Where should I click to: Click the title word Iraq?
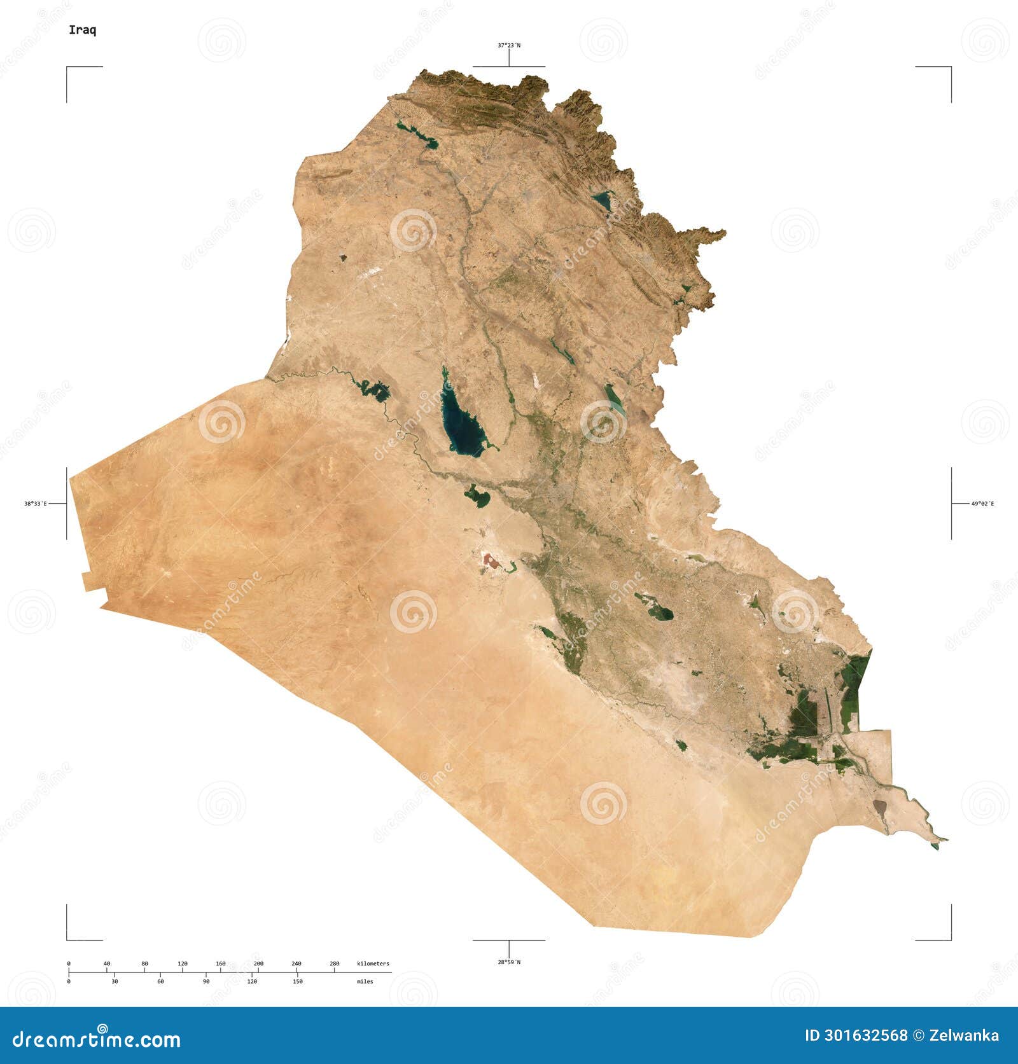tap(83, 31)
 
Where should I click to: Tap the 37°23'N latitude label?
tap(508, 45)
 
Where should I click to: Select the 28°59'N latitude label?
tap(508, 962)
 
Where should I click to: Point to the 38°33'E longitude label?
tap(36, 504)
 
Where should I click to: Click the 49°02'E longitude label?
tap(982, 504)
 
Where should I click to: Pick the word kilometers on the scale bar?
tap(373, 964)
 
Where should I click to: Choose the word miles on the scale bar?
tap(365, 981)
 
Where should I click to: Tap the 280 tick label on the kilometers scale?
tap(334, 964)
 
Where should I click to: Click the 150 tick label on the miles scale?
tap(297, 981)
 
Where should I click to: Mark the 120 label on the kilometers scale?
tap(183, 964)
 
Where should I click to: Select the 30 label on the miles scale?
tap(115, 981)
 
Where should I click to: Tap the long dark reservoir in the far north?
tap(417, 135)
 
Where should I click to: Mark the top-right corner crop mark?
tap(951, 67)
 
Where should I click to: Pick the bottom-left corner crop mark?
tap(67, 939)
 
